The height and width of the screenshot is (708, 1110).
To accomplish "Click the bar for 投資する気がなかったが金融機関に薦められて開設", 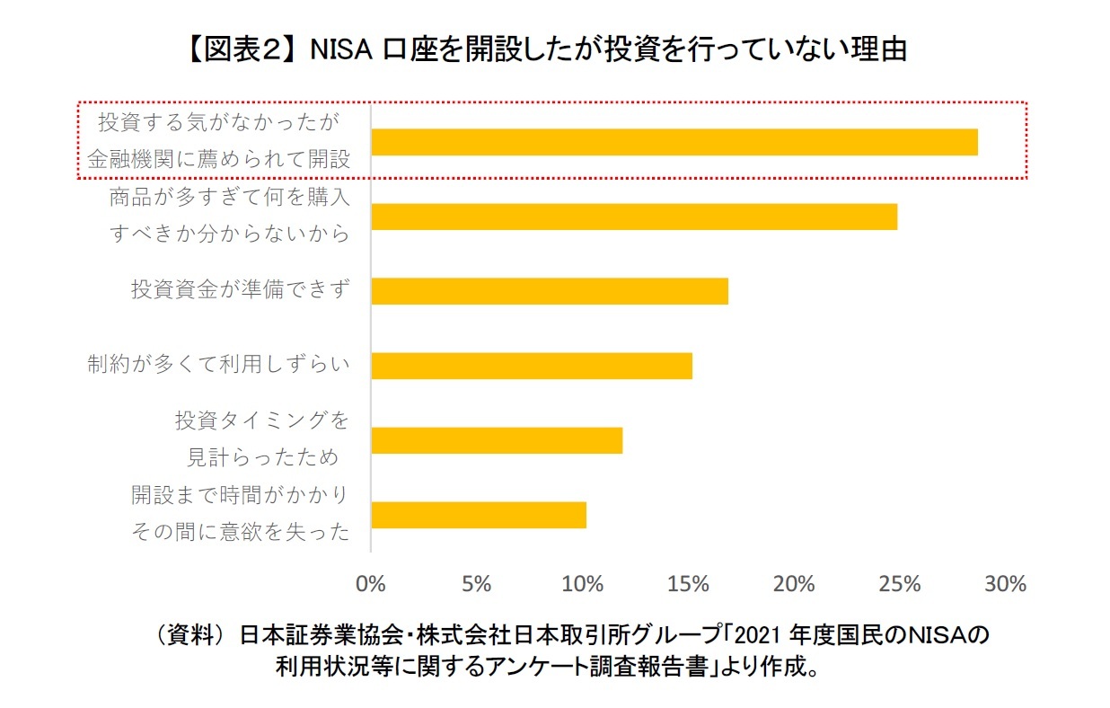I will tap(674, 142).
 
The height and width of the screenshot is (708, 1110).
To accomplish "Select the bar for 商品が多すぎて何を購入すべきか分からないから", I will tap(634, 217).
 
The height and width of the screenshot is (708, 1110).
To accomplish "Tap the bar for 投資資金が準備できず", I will tap(549, 291).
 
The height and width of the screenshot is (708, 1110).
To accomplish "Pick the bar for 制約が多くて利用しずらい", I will tap(531, 366).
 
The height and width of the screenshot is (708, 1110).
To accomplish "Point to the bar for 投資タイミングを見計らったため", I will tap(496, 440).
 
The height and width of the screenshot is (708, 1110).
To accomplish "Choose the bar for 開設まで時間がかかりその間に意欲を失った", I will tap(478, 515).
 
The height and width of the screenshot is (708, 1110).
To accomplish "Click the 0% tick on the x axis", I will tap(371, 584).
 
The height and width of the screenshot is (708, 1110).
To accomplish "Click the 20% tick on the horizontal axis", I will tap(794, 584).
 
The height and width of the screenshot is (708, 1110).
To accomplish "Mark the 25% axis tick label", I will tap(900, 584).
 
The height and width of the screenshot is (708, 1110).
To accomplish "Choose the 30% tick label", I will tap(1005, 584).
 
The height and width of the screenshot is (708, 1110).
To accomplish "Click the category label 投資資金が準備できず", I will tap(240, 290).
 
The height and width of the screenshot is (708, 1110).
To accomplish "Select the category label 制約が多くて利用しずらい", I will tap(218, 365).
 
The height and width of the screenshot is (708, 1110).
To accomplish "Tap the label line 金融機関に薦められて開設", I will tap(218, 159).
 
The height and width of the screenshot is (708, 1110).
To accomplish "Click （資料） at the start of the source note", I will tap(184, 637).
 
